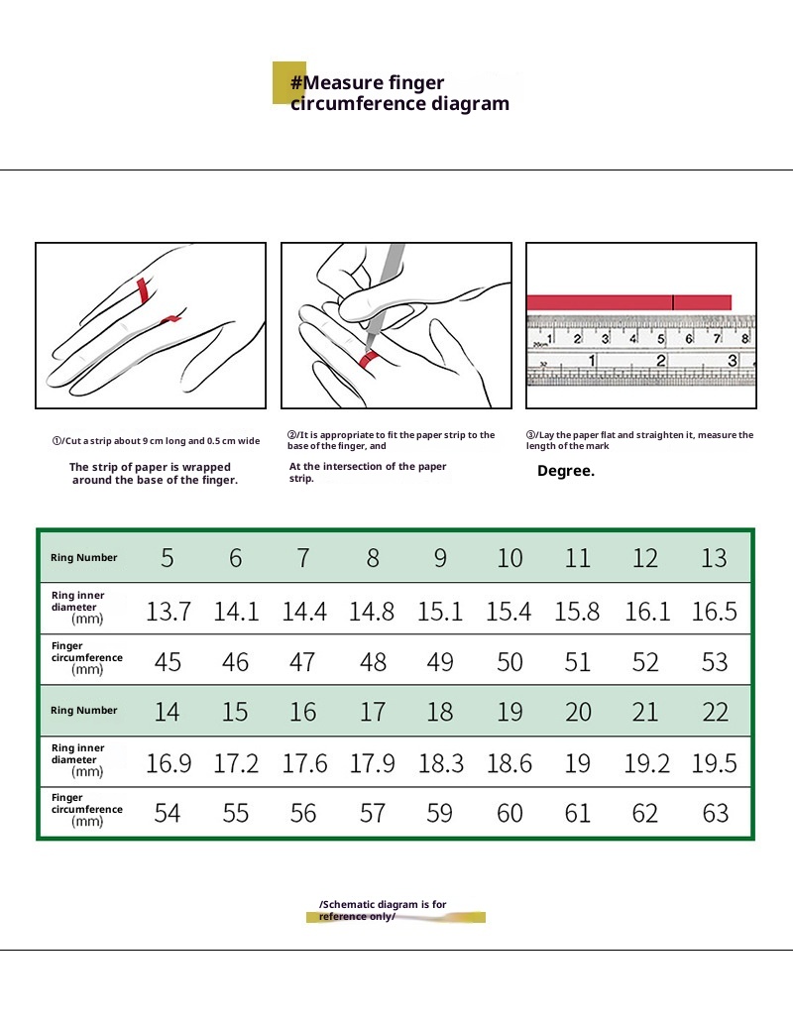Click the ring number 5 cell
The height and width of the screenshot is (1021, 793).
(168, 558)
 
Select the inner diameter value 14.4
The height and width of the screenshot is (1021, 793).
(303, 612)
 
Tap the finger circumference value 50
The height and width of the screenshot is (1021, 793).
(510, 662)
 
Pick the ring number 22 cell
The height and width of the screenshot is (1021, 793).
(715, 711)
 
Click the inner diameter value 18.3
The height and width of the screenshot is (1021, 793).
(440, 763)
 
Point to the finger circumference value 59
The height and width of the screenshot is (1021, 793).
(440, 814)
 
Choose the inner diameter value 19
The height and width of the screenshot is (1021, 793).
(578, 763)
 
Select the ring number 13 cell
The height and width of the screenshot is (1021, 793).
(714, 558)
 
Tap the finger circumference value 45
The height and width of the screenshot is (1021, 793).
(168, 662)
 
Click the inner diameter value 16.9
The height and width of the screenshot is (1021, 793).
(168, 763)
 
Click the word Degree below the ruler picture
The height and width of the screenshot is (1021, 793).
(566, 472)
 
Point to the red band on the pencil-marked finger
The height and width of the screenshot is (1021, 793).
(370, 358)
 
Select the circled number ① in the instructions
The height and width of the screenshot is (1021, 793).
(57, 441)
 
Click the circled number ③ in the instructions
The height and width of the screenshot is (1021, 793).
(530, 435)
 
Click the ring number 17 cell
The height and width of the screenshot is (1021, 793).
(373, 711)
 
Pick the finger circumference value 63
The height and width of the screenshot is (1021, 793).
(715, 814)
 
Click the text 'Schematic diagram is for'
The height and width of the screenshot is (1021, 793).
(384, 904)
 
